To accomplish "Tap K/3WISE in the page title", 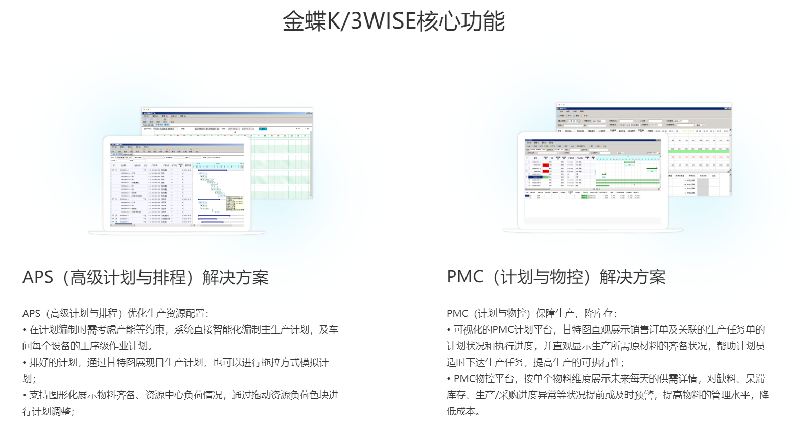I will (371, 21).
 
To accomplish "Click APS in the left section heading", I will (38, 277).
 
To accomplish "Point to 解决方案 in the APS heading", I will (236, 277).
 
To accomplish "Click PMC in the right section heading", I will (465, 277).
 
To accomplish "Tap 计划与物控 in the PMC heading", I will (541, 277).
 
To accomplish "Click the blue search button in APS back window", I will (263, 129).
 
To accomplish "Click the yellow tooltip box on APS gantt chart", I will (235, 203).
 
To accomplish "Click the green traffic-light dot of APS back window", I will (149, 109).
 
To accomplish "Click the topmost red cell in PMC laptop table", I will (546, 165).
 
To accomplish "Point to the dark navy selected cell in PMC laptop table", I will (536, 177).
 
